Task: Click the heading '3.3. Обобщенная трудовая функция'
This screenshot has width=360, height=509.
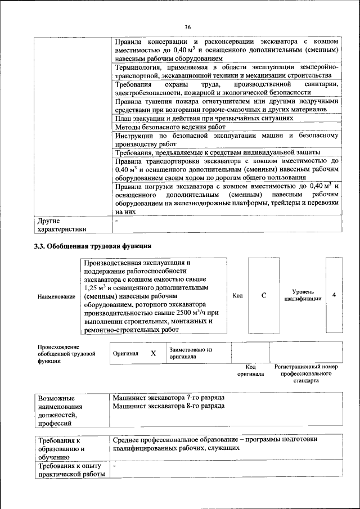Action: coord(93,246)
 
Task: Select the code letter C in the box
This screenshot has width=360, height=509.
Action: coord(263,295)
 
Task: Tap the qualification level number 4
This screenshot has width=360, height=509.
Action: coord(334,295)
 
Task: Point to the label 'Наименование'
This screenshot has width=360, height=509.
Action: coord(56,296)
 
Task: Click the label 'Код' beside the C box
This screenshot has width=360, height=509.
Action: coord(237,295)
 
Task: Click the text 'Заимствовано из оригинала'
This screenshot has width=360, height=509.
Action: coord(190,353)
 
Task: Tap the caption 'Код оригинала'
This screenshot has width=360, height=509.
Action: coord(250,370)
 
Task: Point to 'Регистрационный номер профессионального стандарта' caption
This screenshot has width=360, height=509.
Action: coord(305,373)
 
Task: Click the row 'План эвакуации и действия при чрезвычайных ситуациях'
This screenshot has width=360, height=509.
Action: coord(204,119)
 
